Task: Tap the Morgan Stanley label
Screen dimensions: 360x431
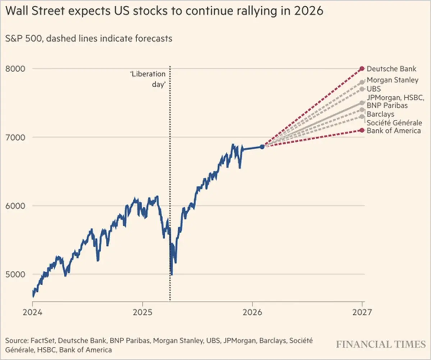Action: [393, 80]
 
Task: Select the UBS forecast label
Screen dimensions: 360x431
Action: [373, 89]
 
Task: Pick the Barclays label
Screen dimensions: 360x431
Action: [380, 114]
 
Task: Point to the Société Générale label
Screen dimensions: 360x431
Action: [394, 123]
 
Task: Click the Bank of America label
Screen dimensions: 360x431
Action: [394, 131]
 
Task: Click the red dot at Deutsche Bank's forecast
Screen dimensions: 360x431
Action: [362, 69]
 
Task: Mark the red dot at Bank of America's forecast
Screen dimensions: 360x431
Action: [362, 130]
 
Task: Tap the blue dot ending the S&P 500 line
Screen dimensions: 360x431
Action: [262, 147]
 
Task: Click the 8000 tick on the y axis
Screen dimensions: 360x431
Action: [15, 69]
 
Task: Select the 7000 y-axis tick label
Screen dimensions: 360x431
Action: [15, 137]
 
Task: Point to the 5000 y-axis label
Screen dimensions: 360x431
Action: [15, 274]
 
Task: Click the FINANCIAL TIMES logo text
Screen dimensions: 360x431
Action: [381, 344]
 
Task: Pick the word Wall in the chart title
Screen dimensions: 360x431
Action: [18, 12]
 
